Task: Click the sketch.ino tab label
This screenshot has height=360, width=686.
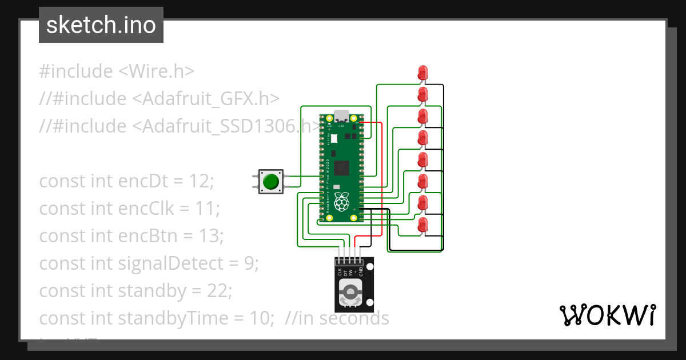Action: pyautogui.click(x=101, y=25)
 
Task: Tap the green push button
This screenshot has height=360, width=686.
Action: pyautogui.click(x=270, y=182)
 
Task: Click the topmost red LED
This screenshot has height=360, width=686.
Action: pyautogui.click(x=422, y=73)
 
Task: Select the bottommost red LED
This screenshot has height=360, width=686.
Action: pyautogui.click(x=422, y=224)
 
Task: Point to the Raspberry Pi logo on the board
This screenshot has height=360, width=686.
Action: pyautogui.click(x=342, y=202)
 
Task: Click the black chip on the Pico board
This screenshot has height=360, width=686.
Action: pyautogui.click(x=342, y=168)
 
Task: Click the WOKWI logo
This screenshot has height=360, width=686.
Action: pyautogui.click(x=607, y=315)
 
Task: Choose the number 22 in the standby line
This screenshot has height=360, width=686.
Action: pyautogui.click(x=219, y=291)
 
